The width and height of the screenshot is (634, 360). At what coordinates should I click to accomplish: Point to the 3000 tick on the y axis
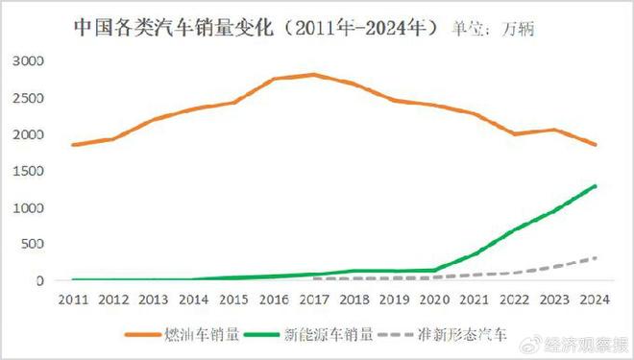pyautogui.click(x=28, y=60)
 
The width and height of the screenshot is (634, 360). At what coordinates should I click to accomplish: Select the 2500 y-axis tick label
pyautogui.click(x=28, y=98)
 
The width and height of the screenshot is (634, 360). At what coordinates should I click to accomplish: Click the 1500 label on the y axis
pyautogui.click(x=28, y=171)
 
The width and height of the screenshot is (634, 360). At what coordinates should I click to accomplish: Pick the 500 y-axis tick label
pyautogui.click(x=32, y=245)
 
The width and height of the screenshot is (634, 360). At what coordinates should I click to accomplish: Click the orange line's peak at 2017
pyautogui.click(x=314, y=74)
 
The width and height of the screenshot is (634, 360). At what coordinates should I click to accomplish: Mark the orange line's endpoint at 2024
pyautogui.click(x=595, y=145)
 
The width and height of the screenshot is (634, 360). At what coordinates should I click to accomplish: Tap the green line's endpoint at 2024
pyautogui.click(x=595, y=185)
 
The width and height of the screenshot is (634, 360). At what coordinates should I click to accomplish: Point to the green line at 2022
pyautogui.click(x=515, y=230)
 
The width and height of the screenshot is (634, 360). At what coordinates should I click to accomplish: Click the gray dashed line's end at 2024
pyautogui.click(x=595, y=257)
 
